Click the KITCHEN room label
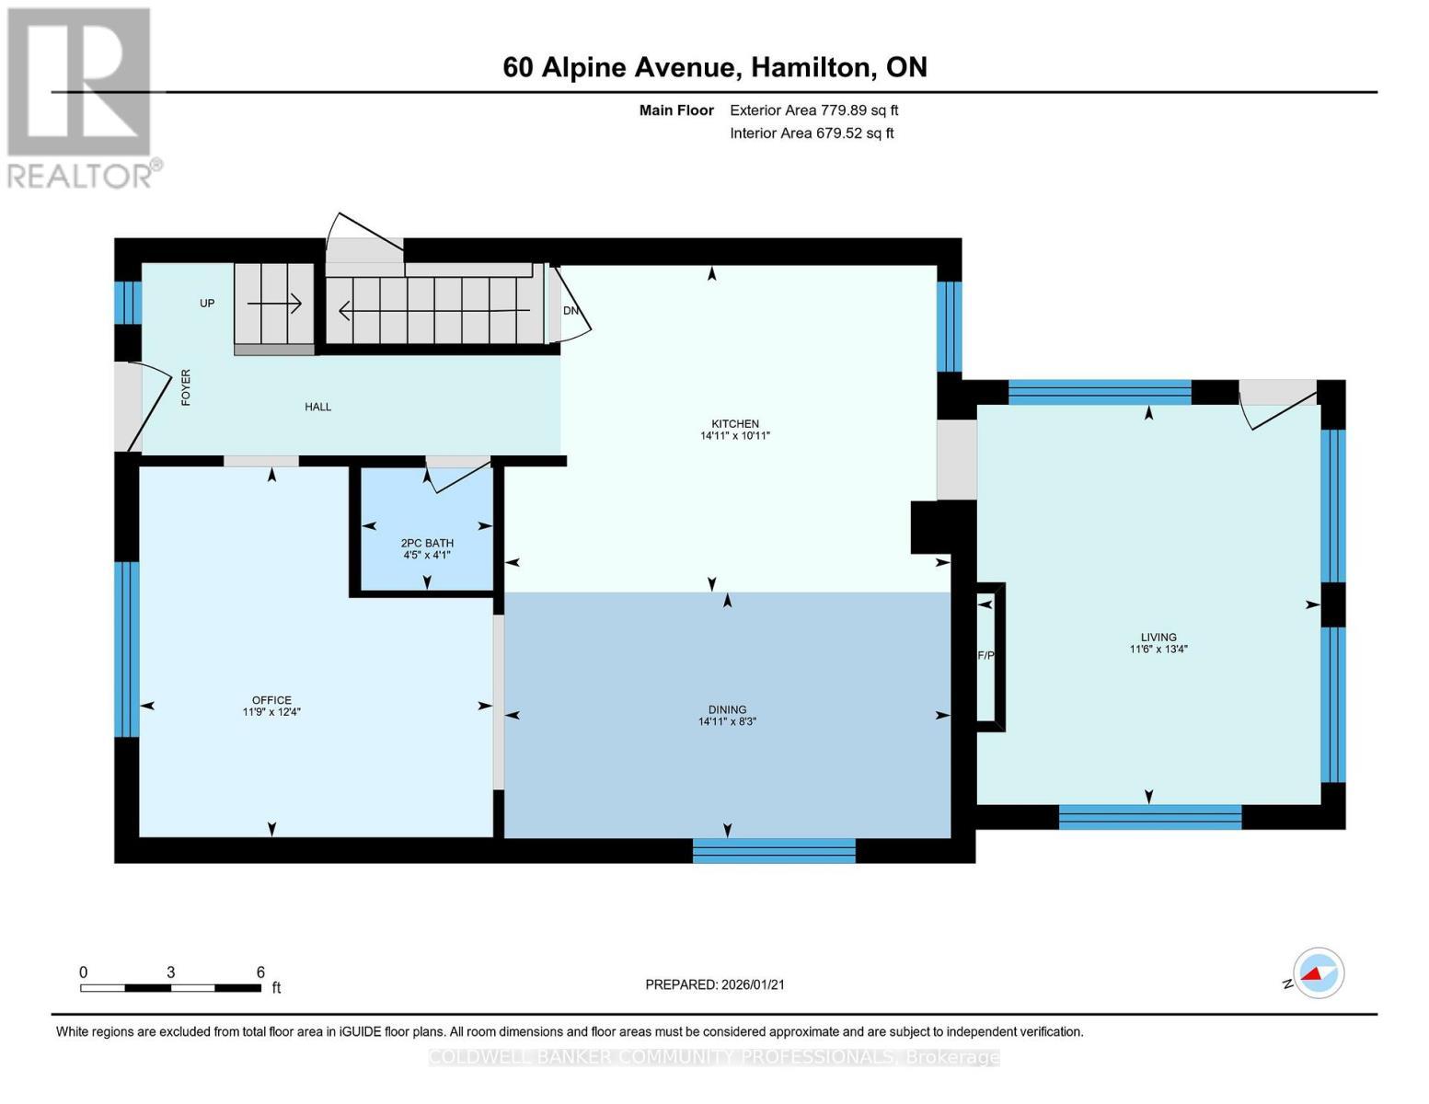point(734,424)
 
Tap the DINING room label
point(727,709)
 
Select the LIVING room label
point(1158,637)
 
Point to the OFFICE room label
point(271,700)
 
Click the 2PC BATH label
point(427,543)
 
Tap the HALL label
point(318,407)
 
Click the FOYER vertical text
point(186,387)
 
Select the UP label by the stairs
point(207,303)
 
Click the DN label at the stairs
point(570,311)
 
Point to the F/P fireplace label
point(985,656)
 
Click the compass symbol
point(1318,973)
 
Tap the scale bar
point(170,988)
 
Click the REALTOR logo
point(80,97)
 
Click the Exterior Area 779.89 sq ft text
point(813,110)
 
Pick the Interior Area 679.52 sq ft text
point(812,133)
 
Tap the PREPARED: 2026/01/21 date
point(714,984)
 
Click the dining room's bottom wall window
point(774,851)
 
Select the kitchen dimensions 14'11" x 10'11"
point(734,436)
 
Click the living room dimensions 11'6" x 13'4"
point(1158,649)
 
